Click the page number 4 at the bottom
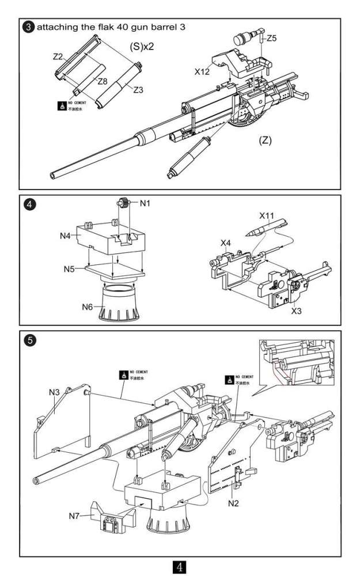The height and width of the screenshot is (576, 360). point(180,566)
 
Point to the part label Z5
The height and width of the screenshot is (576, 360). point(271,38)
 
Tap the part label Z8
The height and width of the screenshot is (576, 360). point(103,81)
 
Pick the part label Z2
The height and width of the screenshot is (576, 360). point(58,56)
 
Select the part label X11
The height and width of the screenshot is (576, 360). point(266,215)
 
